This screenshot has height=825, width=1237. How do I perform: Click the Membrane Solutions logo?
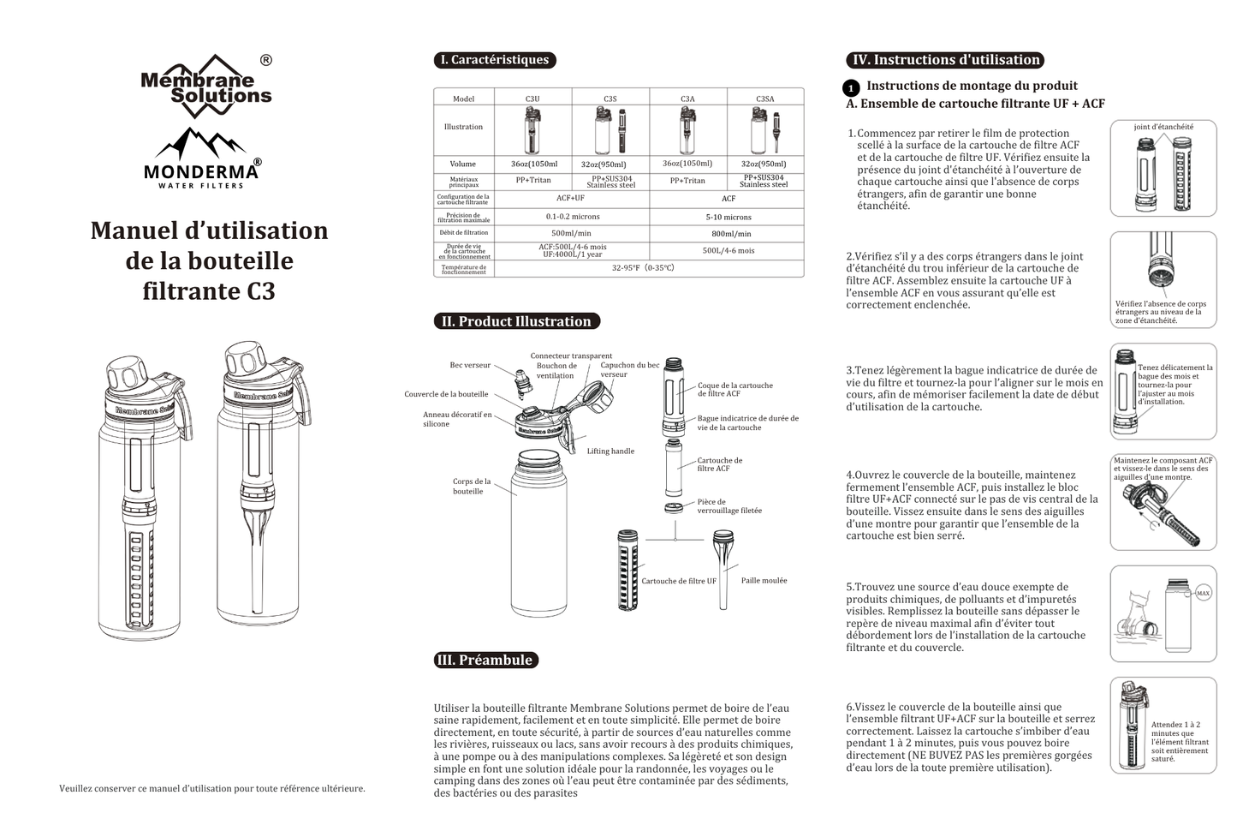[x=206, y=86]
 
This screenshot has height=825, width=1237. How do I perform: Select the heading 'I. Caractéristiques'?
[x=495, y=60]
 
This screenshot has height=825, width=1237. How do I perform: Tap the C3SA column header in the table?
[x=764, y=99]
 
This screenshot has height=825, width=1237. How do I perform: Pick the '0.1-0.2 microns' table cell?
[x=572, y=217]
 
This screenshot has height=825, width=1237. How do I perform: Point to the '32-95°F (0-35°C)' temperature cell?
[x=643, y=268]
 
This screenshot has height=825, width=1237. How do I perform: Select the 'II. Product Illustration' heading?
[x=516, y=321]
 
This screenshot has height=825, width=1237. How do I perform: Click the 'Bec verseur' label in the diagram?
[x=470, y=365]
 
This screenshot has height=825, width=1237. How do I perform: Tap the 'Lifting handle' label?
[x=610, y=451]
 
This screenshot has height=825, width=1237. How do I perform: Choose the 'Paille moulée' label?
[x=764, y=581]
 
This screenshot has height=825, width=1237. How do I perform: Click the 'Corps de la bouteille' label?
[x=472, y=487]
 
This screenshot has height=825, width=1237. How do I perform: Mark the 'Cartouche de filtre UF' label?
[x=679, y=582]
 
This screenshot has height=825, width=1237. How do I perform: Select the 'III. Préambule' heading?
[x=485, y=660]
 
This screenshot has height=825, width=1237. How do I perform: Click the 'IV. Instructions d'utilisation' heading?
[x=945, y=60]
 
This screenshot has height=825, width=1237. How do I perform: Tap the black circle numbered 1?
[x=852, y=88]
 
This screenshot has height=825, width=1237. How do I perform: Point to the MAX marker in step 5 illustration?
[x=1203, y=593]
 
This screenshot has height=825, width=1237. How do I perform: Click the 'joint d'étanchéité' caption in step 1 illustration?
[x=1163, y=127]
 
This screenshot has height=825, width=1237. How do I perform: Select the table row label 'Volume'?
[x=463, y=164]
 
